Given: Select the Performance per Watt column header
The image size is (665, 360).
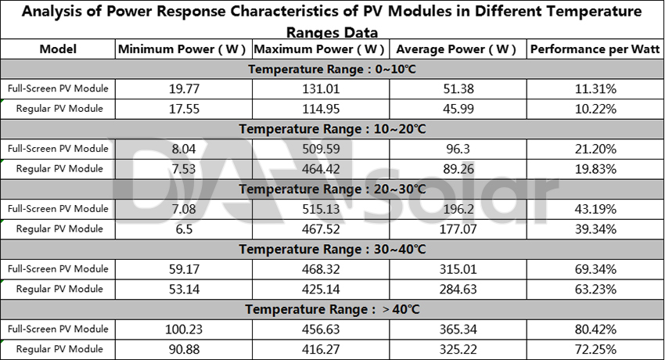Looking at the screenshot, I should (x=595, y=49).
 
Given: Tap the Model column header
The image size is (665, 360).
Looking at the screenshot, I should (x=58, y=49).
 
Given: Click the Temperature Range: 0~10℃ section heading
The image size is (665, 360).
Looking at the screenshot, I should (x=332, y=69).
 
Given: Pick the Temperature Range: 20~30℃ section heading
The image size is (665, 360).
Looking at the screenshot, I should (x=332, y=189).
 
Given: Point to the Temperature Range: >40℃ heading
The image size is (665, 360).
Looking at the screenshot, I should (x=332, y=309).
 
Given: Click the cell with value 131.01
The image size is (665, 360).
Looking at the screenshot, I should (x=319, y=88).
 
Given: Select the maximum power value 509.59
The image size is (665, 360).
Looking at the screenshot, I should (x=319, y=149).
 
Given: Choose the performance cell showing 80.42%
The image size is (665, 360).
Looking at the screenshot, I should (x=595, y=329).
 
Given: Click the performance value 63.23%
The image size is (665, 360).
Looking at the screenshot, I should (x=595, y=290).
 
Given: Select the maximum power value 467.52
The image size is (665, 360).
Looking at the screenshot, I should (x=319, y=229).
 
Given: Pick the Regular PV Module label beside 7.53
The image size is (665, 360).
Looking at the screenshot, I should (x=59, y=169).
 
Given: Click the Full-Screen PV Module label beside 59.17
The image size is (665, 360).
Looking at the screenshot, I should (x=58, y=269).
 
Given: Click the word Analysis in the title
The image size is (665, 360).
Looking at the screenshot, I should (x=54, y=13).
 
